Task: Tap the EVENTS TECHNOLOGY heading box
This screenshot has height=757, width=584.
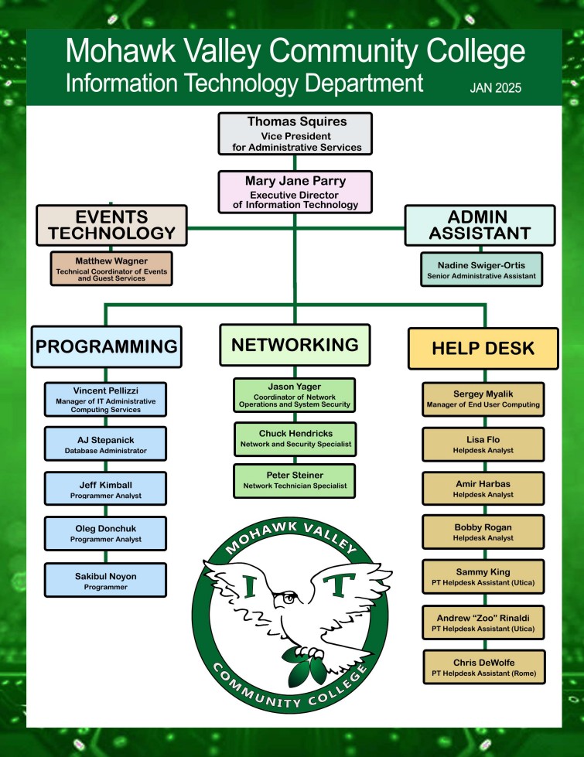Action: pyautogui.click(x=111, y=224)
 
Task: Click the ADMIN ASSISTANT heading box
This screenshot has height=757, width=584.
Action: pyautogui.click(x=480, y=224)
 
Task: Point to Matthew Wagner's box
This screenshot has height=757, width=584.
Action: pyautogui.click(x=111, y=268)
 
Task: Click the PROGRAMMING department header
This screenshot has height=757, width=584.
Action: pyautogui.click(x=107, y=346)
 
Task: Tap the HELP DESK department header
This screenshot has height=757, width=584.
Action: pyautogui.click(x=483, y=349)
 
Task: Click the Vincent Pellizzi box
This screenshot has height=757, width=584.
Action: pyautogui.click(x=106, y=400)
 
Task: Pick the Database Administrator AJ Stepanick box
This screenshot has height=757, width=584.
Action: pyautogui.click(x=106, y=444)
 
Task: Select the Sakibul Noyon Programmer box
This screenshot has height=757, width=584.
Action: pyautogui.click(x=106, y=579)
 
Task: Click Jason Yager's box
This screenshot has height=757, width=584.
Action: pyautogui.click(x=294, y=394)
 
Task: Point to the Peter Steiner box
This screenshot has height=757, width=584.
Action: pyautogui.click(x=294, y=481)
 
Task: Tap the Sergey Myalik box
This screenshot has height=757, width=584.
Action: pyautogui.click(x=483, y=399)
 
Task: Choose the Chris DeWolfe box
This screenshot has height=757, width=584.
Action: pyautogui.click(x=483, y=667)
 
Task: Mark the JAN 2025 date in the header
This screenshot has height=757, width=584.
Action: pyautogui.click(x=495, y=88)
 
